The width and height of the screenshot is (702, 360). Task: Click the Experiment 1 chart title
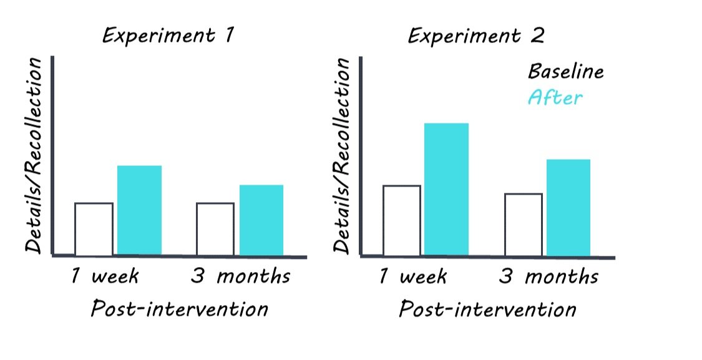click(168, 36)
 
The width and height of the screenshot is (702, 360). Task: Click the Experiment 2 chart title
click(476, 36)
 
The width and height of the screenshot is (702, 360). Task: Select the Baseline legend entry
click(566, 72)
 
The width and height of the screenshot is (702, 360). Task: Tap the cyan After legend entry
click(555, 98)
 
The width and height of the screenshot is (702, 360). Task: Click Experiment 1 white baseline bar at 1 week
click(94, 229)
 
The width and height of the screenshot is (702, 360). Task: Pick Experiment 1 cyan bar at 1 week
click(139, 210)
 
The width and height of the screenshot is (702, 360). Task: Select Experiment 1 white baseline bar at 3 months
click(215, 229)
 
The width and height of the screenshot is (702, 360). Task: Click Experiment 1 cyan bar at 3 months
click(261, 220)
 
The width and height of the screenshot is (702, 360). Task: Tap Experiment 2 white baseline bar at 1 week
click(401, 220)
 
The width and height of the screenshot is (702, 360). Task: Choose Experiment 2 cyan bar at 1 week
click(446, 189)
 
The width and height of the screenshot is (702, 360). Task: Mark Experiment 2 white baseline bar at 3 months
click(523, 225)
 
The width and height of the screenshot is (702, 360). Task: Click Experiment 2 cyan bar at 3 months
click(568, 207)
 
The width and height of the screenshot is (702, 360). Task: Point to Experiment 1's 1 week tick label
click(104, 276)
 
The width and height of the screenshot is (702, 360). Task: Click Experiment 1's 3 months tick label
click(240, 276)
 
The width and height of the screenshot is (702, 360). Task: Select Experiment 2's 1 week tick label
click(412, 276)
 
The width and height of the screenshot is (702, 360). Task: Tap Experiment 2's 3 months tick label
click(548, 276)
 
